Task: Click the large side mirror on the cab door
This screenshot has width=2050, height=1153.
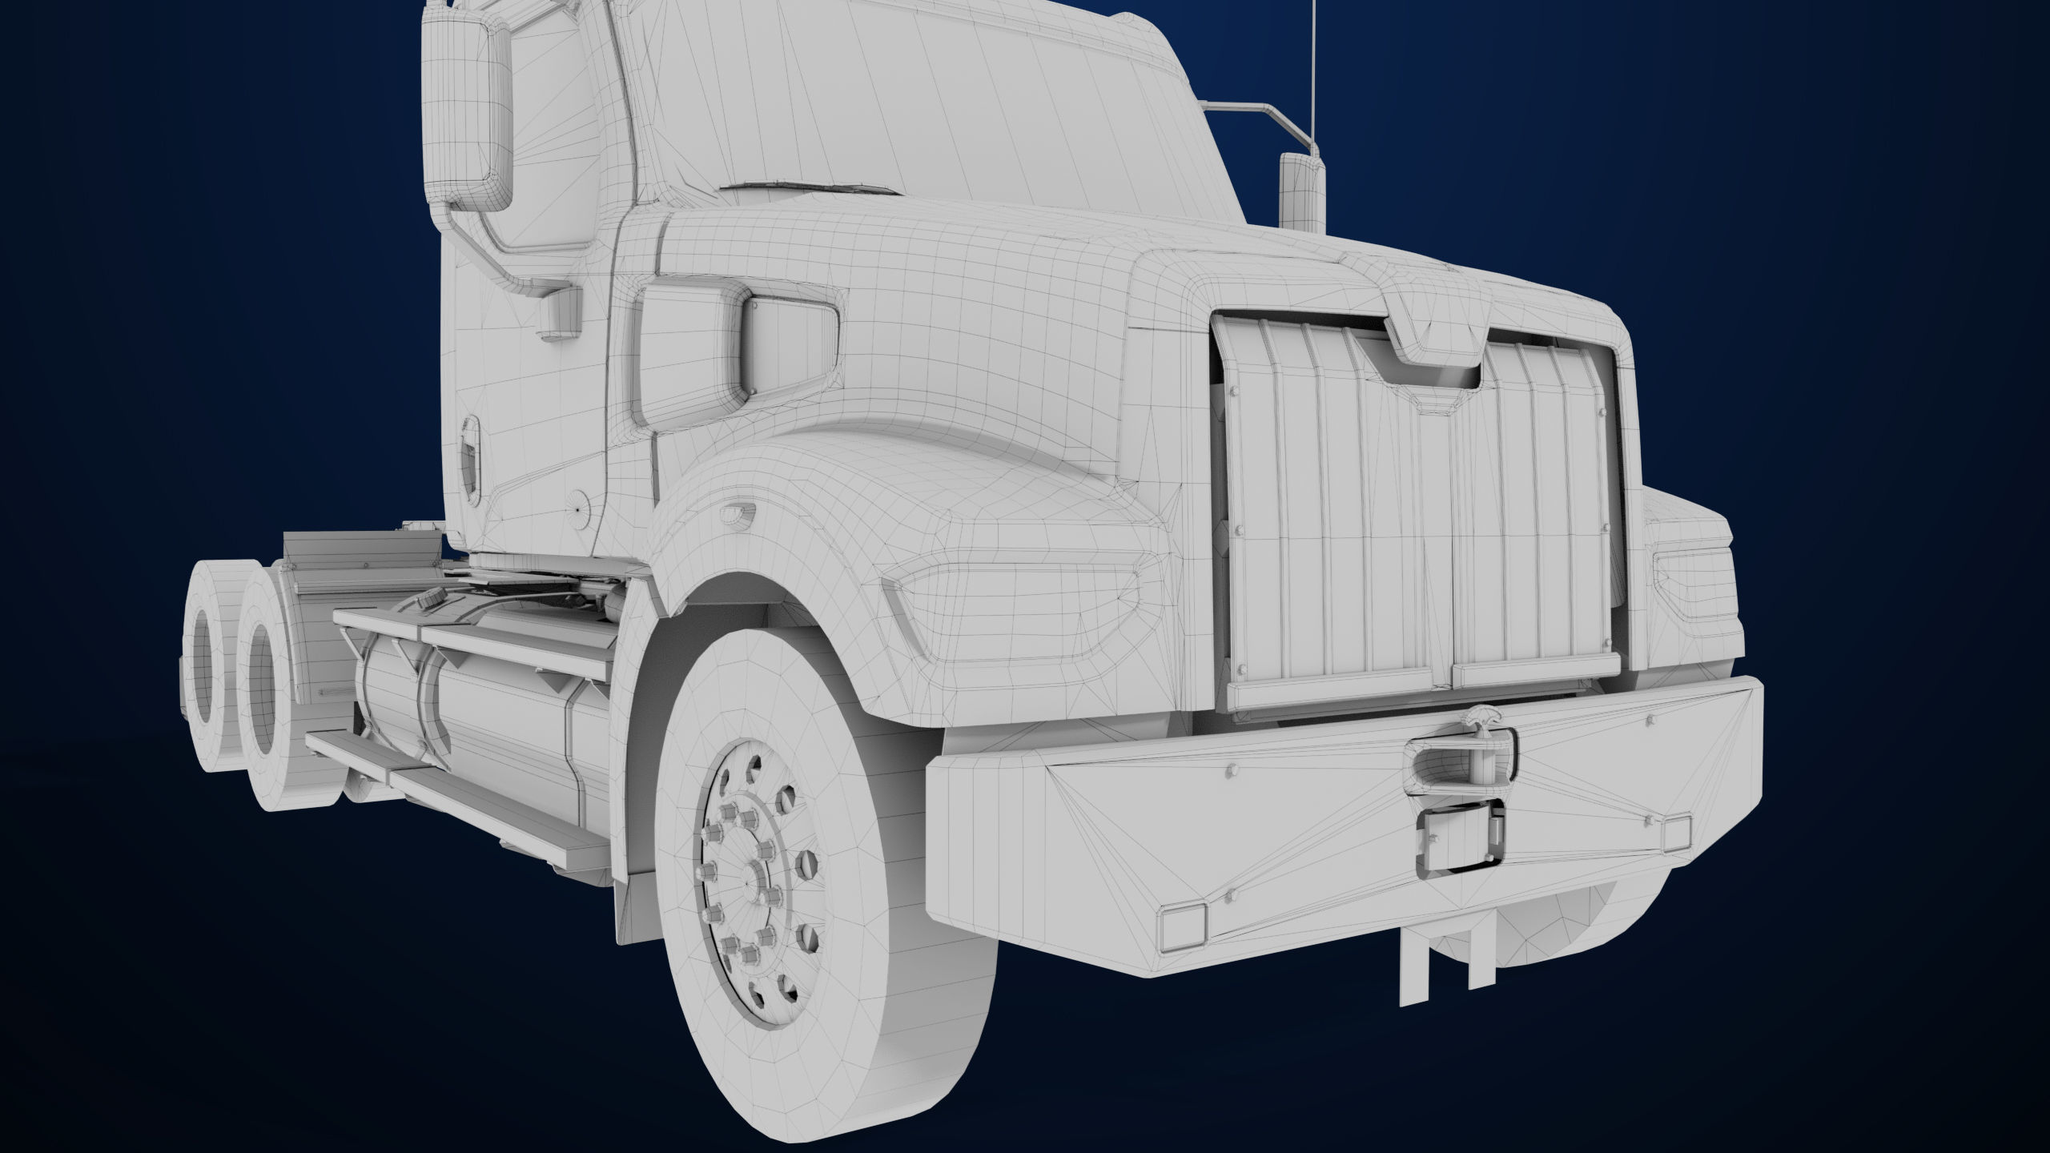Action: [466, 112]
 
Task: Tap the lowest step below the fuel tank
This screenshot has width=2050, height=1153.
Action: [496, 833]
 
